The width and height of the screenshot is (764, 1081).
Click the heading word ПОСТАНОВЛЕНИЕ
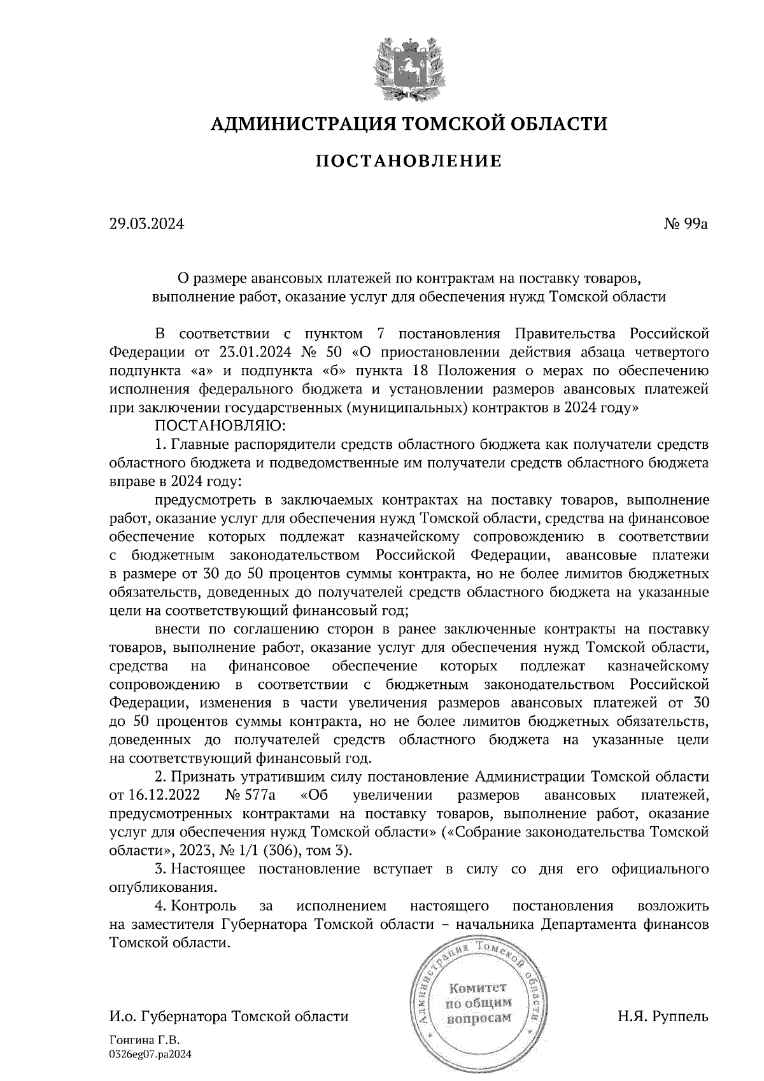click(x=408, y=161)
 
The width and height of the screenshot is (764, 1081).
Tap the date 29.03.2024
click(x=146, y=223)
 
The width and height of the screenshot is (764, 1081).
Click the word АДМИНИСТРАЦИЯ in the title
click(x=297, y=123)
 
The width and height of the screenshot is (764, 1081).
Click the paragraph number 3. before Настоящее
click(x=160, y=869)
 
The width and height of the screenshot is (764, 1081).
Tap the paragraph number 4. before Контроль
click(x=160, y=906)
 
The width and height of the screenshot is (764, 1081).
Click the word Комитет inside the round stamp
click(x=478, y=989)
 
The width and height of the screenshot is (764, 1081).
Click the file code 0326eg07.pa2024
click(x=150, y=1054)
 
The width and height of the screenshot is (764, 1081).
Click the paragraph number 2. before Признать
click(x=160, y=777)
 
